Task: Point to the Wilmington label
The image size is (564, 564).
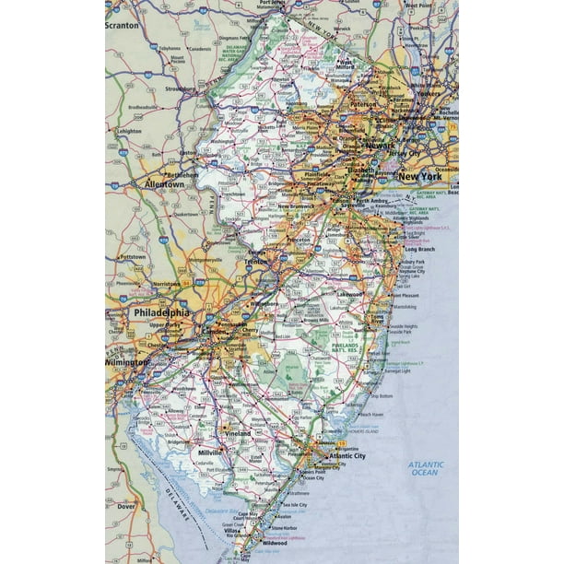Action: (125, 363)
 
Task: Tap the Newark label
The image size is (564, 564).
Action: (379, 145)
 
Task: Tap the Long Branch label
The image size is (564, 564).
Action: (417, 249)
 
